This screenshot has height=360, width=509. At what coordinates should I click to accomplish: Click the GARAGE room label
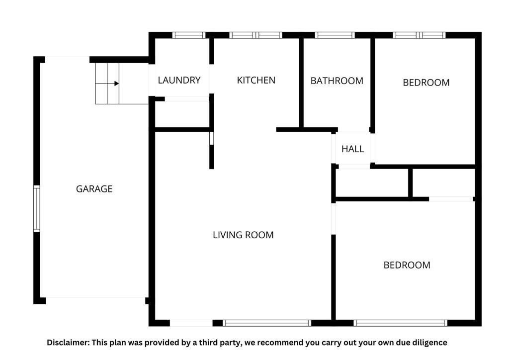pyautogui.click(x=94, y=188)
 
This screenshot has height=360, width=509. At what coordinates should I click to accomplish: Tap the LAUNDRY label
pyautogui.click(x=179, y=80)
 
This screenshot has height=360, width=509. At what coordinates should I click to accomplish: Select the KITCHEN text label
pyautogui.click(x=256, y=80)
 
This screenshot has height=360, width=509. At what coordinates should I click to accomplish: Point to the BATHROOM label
pyautogui.click(x=337, y=81)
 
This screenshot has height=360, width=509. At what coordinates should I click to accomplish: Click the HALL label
pyautogui.click(x=352, y=149)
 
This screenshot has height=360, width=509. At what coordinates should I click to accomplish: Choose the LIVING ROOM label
pyautogui.click(x=243, y=235)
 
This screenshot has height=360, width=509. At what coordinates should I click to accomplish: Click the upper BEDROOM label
pyautogui.click(x=426, y=83)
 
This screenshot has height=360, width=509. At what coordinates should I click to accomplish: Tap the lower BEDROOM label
pyautogui.click(x=407, y=265)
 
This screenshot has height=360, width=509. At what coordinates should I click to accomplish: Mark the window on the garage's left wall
pyautogui.click(x=37, y=209)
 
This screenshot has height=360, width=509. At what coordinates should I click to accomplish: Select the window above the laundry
pyautogui.click(x=189, y=35)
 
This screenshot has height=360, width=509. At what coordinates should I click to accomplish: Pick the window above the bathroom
pyautogui.click(x=335, y=35)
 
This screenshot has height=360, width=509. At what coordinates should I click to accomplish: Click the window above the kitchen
pyautogui.click(x=256, y=35)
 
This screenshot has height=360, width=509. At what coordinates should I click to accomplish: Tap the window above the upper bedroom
pyautogui.click(x=420, y=35)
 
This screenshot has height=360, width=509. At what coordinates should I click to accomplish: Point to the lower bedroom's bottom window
pyautogui.click(x=401, y=323)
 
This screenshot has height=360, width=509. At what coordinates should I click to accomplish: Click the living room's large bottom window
pyautogui.click(x=267, y=323)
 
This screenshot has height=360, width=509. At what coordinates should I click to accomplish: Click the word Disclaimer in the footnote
pyautogui.click(x=68, y=343)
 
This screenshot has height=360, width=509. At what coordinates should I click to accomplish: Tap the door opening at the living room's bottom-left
pyautogui.click(x=191, y=323)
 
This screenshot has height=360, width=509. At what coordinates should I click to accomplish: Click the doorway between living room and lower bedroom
pyautogui.click(x=334, y=218)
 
